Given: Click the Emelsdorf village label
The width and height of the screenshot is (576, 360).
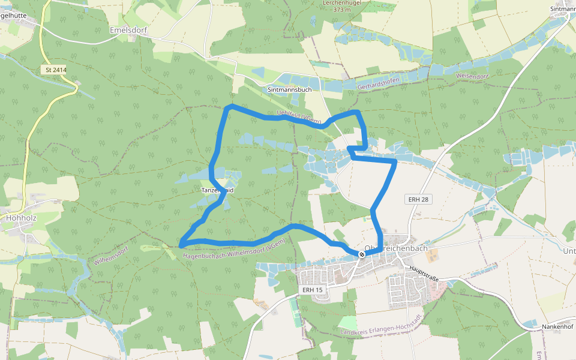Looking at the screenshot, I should pos(128,29).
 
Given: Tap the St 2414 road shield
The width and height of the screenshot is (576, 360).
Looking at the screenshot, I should pos(56,70).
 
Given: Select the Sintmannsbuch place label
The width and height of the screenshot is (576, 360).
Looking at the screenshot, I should pos(289,89).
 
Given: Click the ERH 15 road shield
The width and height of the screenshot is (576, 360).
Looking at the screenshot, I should pos(312,290).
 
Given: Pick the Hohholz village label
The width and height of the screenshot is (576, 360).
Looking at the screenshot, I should pos(21,218).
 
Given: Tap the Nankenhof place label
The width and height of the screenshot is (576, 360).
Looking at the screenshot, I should pos(557,326).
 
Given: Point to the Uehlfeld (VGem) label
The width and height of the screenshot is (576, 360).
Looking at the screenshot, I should pos(299,116).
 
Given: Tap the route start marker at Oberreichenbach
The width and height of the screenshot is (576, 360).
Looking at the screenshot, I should pos(362,254).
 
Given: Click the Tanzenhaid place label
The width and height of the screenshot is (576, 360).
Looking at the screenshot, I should pos(217,190).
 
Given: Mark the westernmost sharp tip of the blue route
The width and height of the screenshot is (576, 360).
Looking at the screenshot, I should pos(181,244).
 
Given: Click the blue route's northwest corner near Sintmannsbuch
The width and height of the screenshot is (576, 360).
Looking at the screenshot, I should pos(230,107).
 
